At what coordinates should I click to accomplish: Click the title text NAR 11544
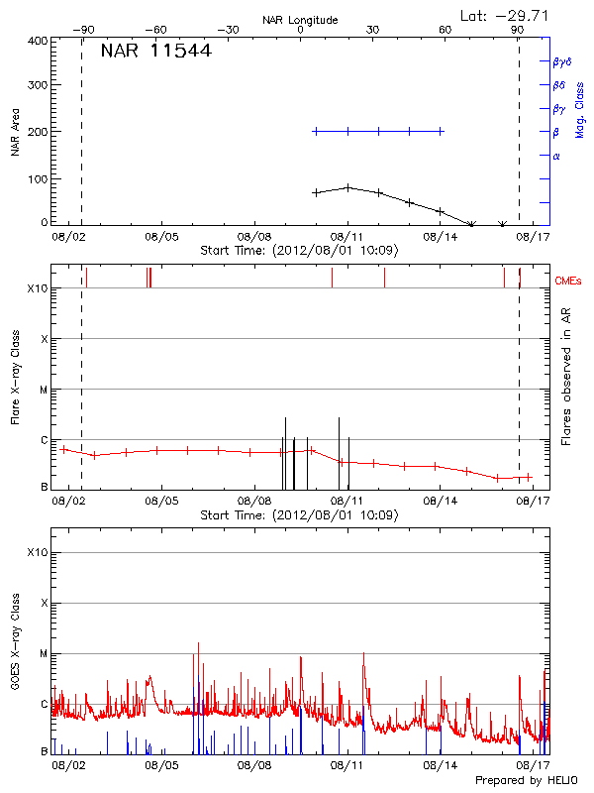155,52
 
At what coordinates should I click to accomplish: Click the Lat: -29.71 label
506,15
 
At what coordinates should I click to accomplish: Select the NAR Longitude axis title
300,19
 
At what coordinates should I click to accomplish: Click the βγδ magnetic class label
560,61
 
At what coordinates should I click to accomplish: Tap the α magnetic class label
556,156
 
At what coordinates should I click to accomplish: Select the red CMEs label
569,283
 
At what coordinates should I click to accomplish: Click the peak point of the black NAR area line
347,186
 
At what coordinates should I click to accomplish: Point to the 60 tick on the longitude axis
445,30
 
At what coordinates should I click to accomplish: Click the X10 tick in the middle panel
37,288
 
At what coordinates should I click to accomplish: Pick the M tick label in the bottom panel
44,654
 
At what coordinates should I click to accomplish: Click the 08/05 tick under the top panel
162,237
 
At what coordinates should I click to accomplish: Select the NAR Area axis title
15,132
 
